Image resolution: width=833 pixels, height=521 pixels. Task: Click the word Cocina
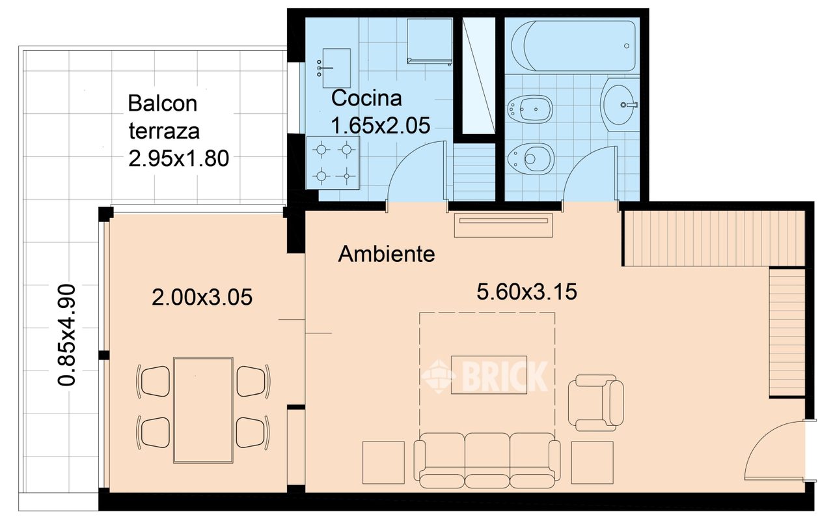366,98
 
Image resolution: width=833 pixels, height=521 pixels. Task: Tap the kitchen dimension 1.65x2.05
380,126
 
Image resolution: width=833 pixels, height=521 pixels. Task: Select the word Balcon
163,103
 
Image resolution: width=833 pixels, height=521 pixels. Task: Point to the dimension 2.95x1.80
178,158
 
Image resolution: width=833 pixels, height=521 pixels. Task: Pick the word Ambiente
387,254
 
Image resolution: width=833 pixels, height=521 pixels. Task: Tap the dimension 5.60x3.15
526,291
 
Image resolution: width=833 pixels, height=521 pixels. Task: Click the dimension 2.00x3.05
202,298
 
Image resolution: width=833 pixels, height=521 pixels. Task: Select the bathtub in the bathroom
573,46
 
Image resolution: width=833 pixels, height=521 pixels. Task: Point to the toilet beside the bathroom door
530,160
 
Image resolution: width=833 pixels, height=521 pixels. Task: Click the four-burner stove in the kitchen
333,163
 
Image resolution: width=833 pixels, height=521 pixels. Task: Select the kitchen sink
336,68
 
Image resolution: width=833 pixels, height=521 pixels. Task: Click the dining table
204,410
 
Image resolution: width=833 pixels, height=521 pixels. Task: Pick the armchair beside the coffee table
595,402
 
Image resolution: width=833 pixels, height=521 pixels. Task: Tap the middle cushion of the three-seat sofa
487,460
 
